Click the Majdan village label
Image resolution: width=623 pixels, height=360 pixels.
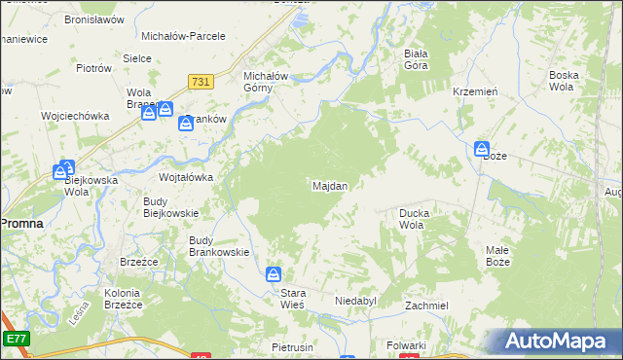pos(330,185)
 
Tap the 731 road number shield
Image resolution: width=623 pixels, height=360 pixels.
pos(202,85)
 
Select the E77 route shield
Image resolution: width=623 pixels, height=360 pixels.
pos(15,338)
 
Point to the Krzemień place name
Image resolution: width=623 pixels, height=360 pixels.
pos(476,90)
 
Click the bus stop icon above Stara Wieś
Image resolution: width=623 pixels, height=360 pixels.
pos(275,275)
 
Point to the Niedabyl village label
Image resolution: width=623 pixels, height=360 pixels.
pos(355,302)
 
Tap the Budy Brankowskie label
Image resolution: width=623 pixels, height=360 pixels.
pos(219,246)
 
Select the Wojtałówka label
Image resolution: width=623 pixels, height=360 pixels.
pos(186,177)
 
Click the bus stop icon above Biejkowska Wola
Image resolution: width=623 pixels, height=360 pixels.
pos(66,167)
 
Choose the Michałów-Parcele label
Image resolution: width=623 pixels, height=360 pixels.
pos(183,36)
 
